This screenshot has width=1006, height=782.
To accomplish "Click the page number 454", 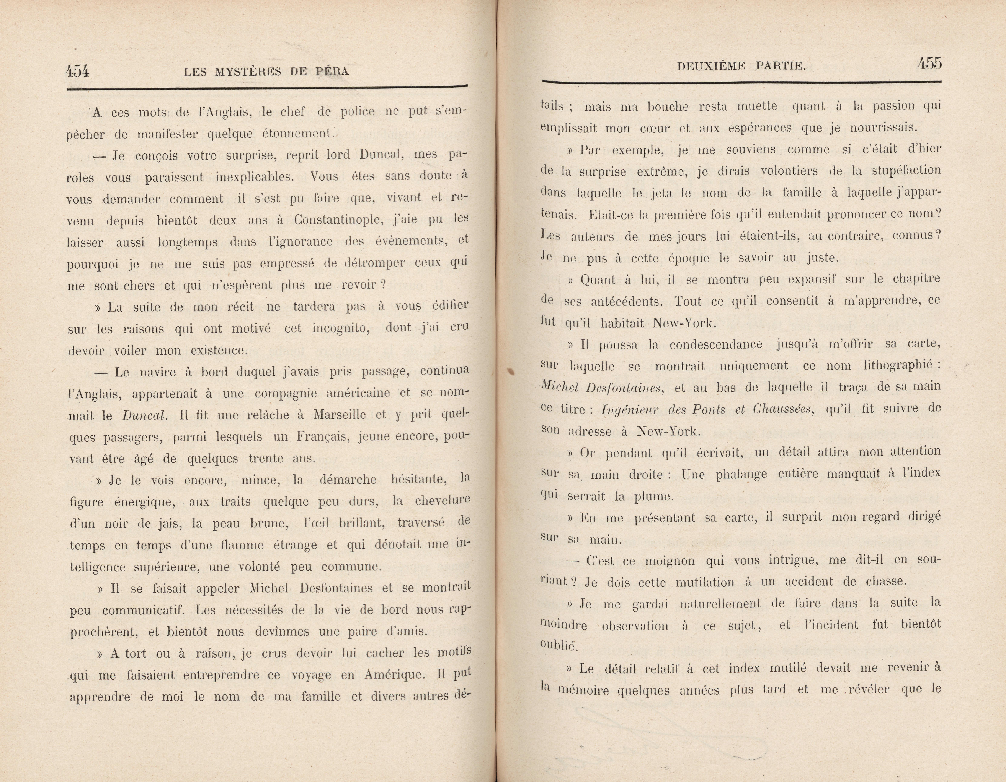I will point(77,71).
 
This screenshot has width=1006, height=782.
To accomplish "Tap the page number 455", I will point(929,63).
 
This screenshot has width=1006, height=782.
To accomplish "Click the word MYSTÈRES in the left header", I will point(246,71).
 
